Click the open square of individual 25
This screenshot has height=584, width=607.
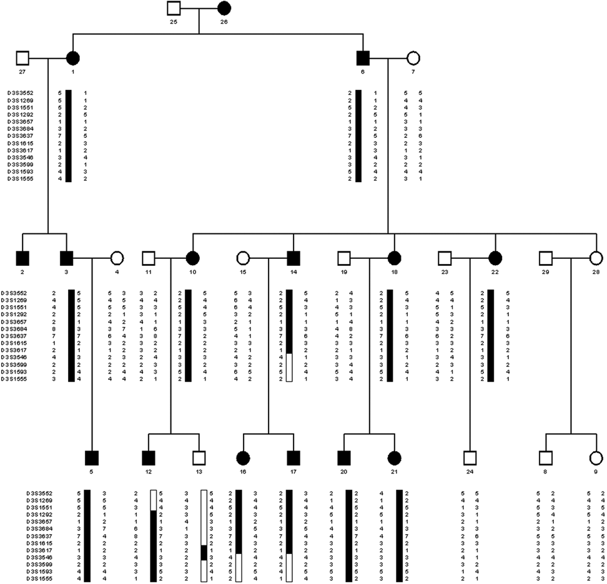[x=174, y=9]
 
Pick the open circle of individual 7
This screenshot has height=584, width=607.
[x=412, y=59]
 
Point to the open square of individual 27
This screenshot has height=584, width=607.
[x=23, y=59]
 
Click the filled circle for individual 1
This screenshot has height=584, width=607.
[x=73, y=59]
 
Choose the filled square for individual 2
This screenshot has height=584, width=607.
[x=23, y=257]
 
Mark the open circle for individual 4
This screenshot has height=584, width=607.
[x=116, y=257]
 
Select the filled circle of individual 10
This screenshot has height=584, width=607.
[x=192, y=257]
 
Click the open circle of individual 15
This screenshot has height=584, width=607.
[x=243, y=257]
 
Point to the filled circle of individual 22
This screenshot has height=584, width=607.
[x=495, y=257]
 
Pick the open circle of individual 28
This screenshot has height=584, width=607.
[x=596, y=257]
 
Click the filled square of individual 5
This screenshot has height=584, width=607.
[x=92, y=457]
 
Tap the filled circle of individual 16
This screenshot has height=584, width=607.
[x=243, y=457]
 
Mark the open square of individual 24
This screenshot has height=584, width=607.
[x=470, y=457]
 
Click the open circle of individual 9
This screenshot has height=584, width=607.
[x=596, y=457]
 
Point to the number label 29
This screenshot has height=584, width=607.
[x=546, y=272]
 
